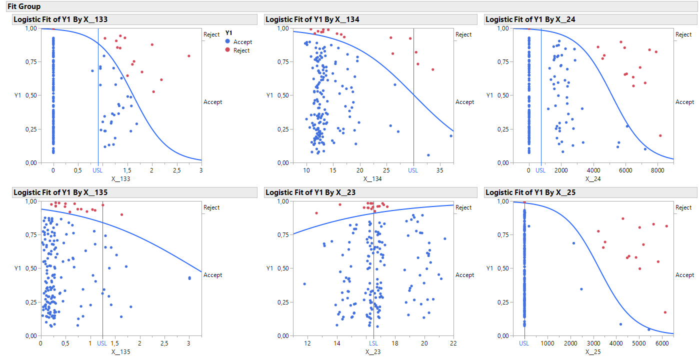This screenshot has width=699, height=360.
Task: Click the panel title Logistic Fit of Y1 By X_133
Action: click(x=60, y=19)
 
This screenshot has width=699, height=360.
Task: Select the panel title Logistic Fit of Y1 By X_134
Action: click(x=312, y=19)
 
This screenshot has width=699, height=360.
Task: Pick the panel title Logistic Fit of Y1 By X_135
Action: click(x=60, y=192)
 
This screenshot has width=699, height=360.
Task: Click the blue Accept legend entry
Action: click(x=238, y=42)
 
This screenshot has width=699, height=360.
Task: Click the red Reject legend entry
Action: click(x=237, y=50)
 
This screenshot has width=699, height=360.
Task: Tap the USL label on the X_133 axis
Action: click(x=98, y=170)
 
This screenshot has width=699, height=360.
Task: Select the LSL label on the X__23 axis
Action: click(x=373, y=343)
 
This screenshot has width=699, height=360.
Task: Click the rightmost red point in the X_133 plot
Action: click(x=189, y=56)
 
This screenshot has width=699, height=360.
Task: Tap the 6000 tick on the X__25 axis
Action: click(x=661, y=343)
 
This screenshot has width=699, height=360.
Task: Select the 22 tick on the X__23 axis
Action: click(x=453, y=343)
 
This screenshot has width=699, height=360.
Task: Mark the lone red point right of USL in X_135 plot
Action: click(x=121, y=214)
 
